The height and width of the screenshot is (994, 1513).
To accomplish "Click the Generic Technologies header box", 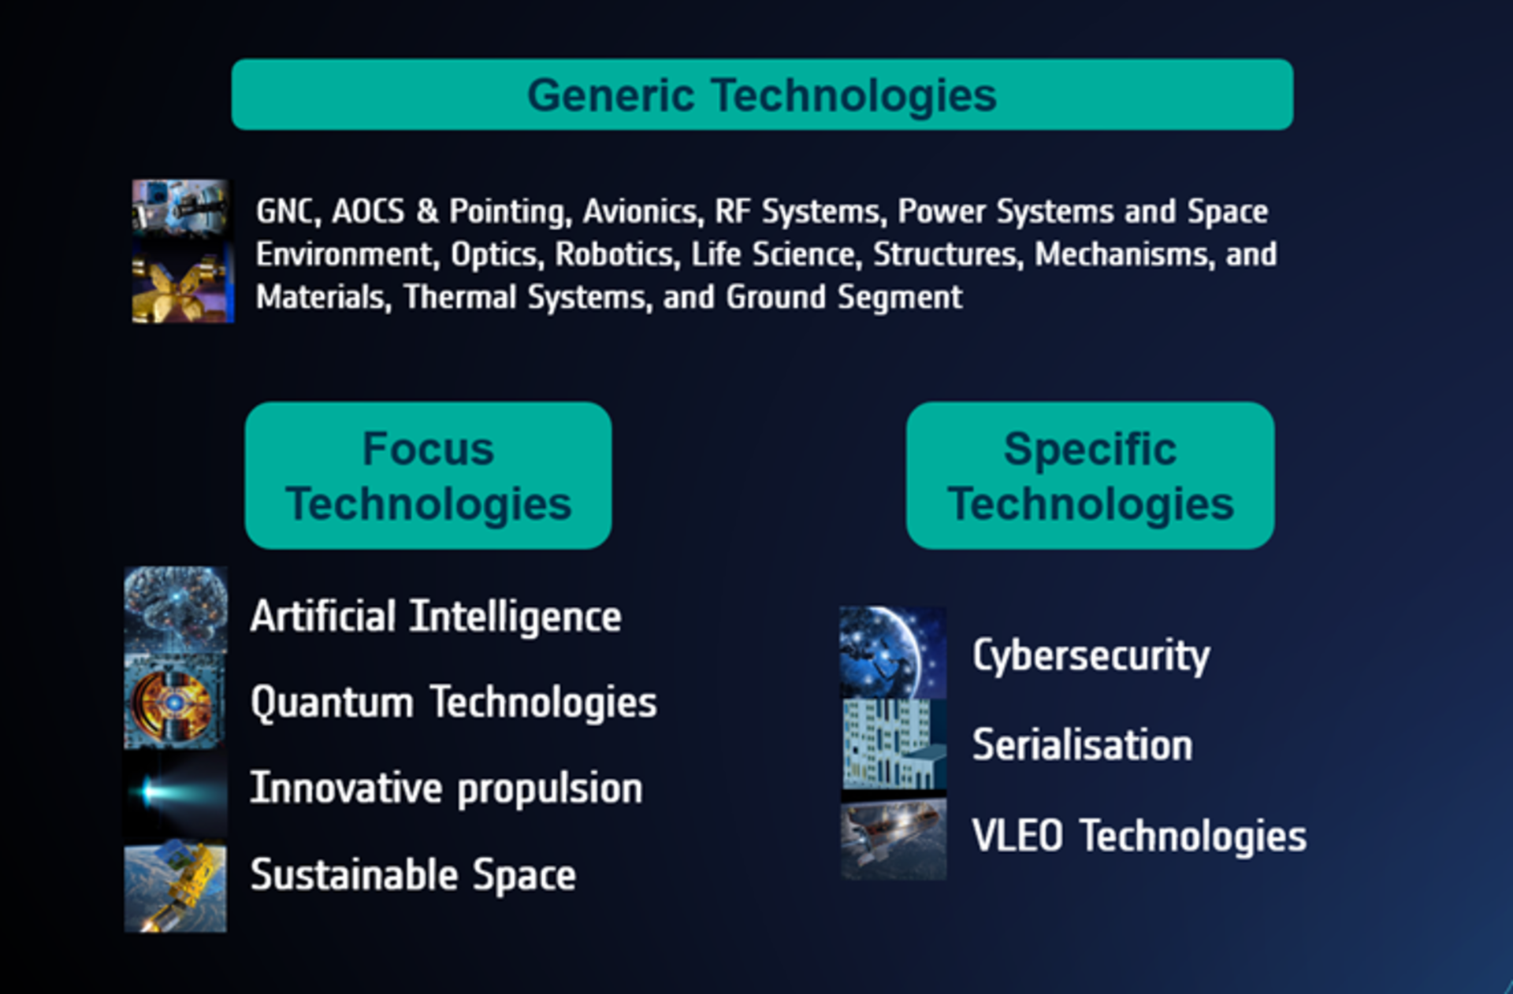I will click(761, 95).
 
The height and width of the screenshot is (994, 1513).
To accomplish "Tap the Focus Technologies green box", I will click(428, 476).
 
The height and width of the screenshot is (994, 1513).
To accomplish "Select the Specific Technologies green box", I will click(1090, 476).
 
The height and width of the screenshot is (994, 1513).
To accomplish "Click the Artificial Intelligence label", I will click(436, 616).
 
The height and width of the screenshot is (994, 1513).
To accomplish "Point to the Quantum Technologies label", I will click(453, 702).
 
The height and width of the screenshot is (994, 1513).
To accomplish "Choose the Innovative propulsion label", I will click(446, 788).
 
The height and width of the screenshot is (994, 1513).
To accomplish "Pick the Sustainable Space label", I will click(413, 874).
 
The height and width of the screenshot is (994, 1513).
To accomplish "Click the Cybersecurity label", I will click(1091, 655).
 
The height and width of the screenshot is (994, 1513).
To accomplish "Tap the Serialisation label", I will click(1082, 745).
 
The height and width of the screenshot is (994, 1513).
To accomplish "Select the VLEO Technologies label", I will click(1139, 836).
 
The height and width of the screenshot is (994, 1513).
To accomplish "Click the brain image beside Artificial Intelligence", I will click(176, 610).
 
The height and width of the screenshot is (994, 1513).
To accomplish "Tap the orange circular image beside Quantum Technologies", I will click(174, 702).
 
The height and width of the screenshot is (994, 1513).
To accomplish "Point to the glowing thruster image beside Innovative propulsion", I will click(174, 792).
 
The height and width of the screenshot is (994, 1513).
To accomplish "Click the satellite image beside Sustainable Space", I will click(175, 887).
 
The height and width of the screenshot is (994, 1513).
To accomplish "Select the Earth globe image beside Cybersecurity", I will click(892, 652).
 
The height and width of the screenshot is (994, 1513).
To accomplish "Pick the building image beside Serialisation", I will click(893, 744).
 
